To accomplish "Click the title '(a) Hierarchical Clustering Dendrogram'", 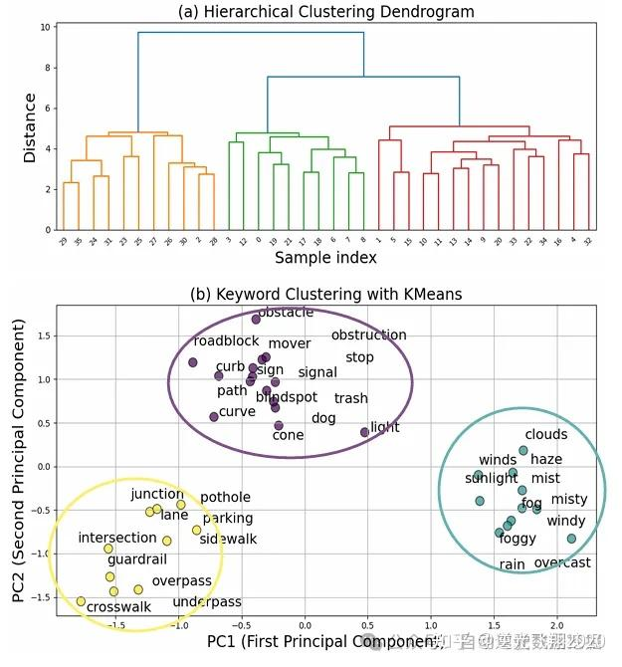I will coord(325,12).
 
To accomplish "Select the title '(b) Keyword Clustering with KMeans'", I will coord(325,294).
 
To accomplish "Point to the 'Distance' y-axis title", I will coord(31,127).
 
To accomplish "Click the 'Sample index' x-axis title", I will coord(325,258).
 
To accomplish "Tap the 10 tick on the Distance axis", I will coord(46,27).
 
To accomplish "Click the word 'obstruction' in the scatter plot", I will coord(368,335).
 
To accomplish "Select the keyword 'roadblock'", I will coord(226,341).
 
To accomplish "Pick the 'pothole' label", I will coord(225,498).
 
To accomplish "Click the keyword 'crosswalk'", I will coord(118,607).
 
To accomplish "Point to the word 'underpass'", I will coord(207,602).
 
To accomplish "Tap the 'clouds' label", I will coord(545,435).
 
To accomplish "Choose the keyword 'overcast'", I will coord(562,563).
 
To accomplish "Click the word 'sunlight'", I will coord(492,479).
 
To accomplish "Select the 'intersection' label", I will coord(117,539).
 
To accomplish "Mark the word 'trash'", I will coord(350,399).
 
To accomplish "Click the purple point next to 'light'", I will coord(364,432).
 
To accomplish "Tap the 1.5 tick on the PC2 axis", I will coord(41,336).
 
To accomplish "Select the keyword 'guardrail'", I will coord(136,560).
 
